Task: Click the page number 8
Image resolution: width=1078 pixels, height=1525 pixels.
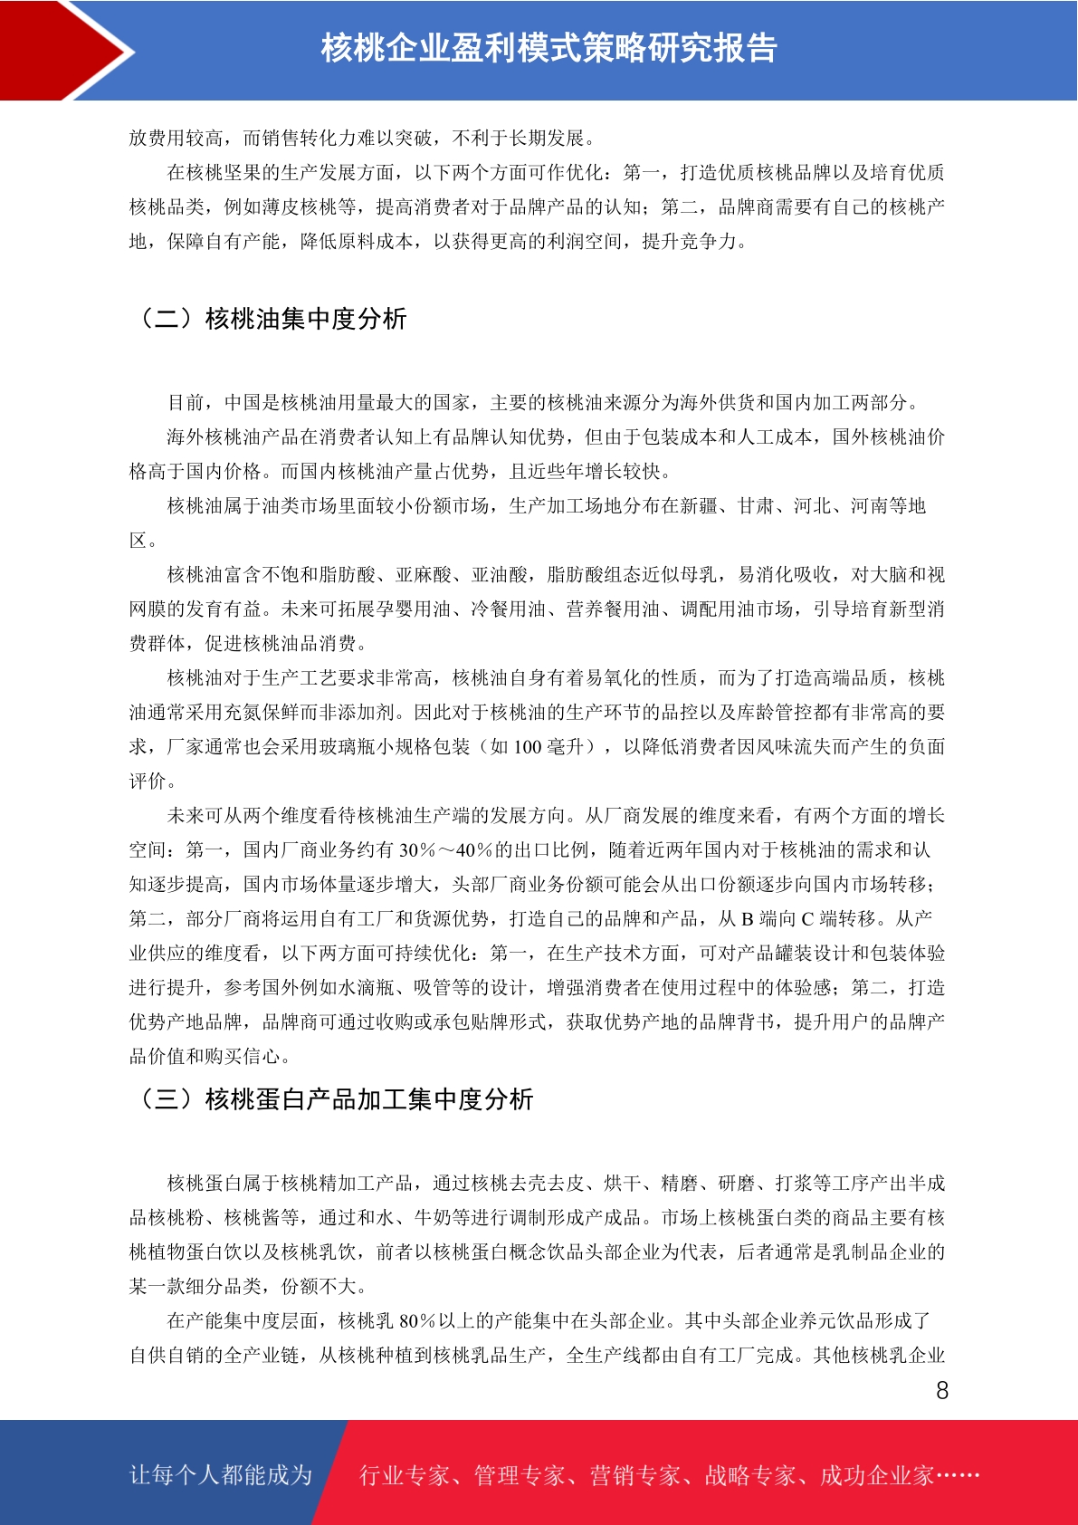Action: [x=942, y=1391]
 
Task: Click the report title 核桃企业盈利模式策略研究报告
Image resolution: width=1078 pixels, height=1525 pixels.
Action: [x=549, y=48]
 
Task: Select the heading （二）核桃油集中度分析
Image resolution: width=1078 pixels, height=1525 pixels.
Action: [x=269, y=319]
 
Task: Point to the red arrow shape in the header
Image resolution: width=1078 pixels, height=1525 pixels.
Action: [x=68, y=50]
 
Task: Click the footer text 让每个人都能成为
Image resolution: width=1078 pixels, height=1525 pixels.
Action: [x=221, y=1475]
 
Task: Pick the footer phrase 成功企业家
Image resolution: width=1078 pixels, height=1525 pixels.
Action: [x=876, y=1476]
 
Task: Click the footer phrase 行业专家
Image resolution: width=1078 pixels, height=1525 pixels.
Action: [x=405, y=1476]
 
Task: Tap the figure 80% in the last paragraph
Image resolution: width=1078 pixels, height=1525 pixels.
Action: [x=418, y=1321]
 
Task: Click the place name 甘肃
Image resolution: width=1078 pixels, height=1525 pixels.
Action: [x=756, y=506]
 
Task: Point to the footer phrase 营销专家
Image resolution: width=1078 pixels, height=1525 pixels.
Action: [x=634, y=1476]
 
